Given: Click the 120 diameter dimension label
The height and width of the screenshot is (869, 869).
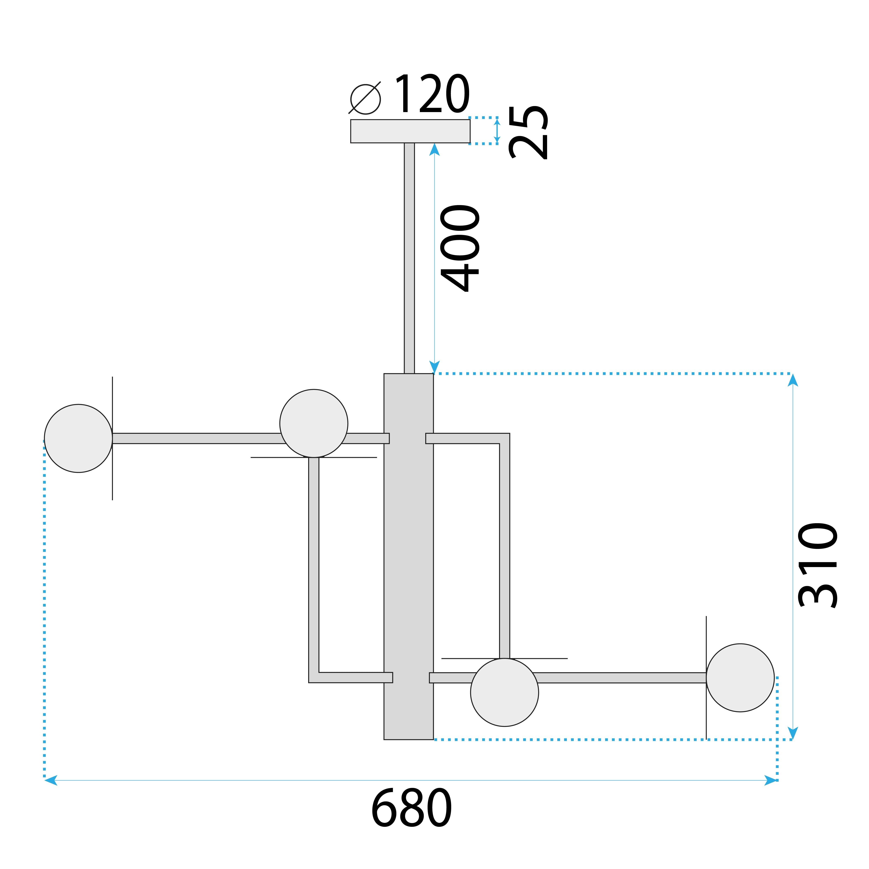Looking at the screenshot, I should point(432,94).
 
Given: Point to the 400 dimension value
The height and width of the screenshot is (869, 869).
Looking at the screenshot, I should point(460,248).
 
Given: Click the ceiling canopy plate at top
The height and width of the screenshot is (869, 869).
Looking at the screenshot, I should point(410,131).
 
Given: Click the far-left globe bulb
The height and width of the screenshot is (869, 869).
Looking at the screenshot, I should point(78,439).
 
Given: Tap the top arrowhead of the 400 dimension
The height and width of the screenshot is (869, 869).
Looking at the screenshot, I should point(435,149).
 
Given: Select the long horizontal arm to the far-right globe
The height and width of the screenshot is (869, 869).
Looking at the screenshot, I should point(621,678).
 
